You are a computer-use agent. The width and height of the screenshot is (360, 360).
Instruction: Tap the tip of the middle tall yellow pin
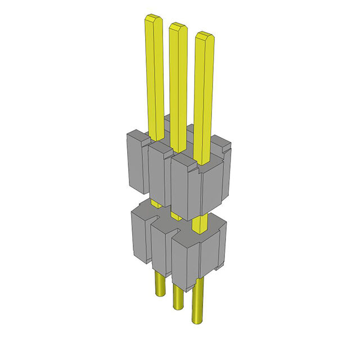(178, 26)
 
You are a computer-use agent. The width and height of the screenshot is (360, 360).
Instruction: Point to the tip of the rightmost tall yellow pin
(204, 37)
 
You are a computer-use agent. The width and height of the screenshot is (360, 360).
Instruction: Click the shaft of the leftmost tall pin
(155, 79)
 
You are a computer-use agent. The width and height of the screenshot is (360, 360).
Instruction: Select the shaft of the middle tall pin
(179, 90)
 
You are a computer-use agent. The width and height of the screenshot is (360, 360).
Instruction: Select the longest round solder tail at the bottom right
(199, 304)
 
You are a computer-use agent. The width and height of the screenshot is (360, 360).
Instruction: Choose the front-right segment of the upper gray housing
(186, 188)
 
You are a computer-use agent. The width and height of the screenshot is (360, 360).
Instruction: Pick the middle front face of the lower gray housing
(161, 247)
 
